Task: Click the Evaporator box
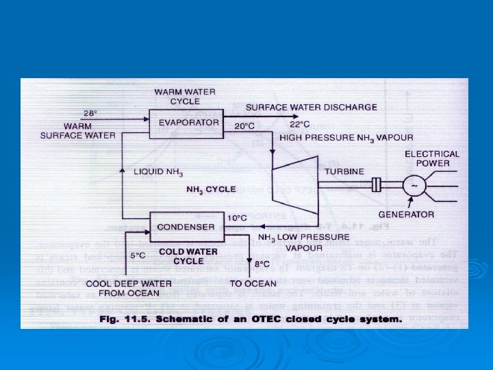[188, 123]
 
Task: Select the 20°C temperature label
[244, 126]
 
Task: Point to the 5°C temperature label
[138, 255]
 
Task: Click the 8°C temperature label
[262, 262]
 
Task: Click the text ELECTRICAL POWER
[431, 158]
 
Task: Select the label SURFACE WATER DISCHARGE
[311, 107]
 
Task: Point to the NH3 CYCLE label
[211, 189]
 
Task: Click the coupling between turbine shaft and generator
[375, 184]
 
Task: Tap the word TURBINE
[344, 171]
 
